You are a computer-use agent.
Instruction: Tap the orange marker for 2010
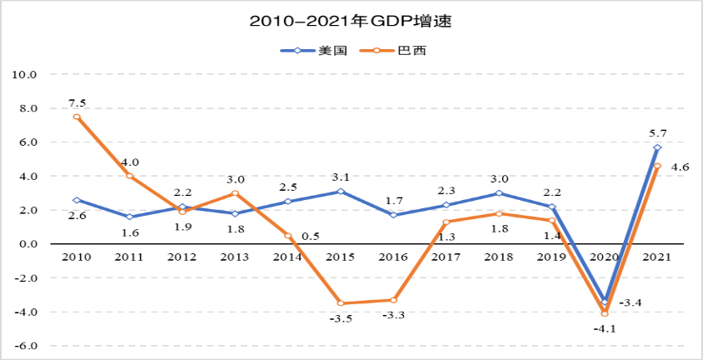[77, 117]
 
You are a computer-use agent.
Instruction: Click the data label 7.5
[77, 102]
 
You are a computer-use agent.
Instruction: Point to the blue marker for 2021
[657, 147]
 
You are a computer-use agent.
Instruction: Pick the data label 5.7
[657, 132]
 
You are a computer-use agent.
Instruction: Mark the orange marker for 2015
[341, 303]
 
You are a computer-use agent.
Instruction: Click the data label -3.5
[341, 318]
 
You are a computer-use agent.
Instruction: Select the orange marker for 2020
[605, 313]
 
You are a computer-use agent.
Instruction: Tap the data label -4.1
[605, 328]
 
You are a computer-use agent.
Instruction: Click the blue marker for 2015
[341, 192]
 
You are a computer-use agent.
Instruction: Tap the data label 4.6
[680, 167]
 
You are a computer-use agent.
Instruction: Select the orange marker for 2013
[235, 193]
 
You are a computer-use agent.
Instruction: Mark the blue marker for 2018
[499, 193]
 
